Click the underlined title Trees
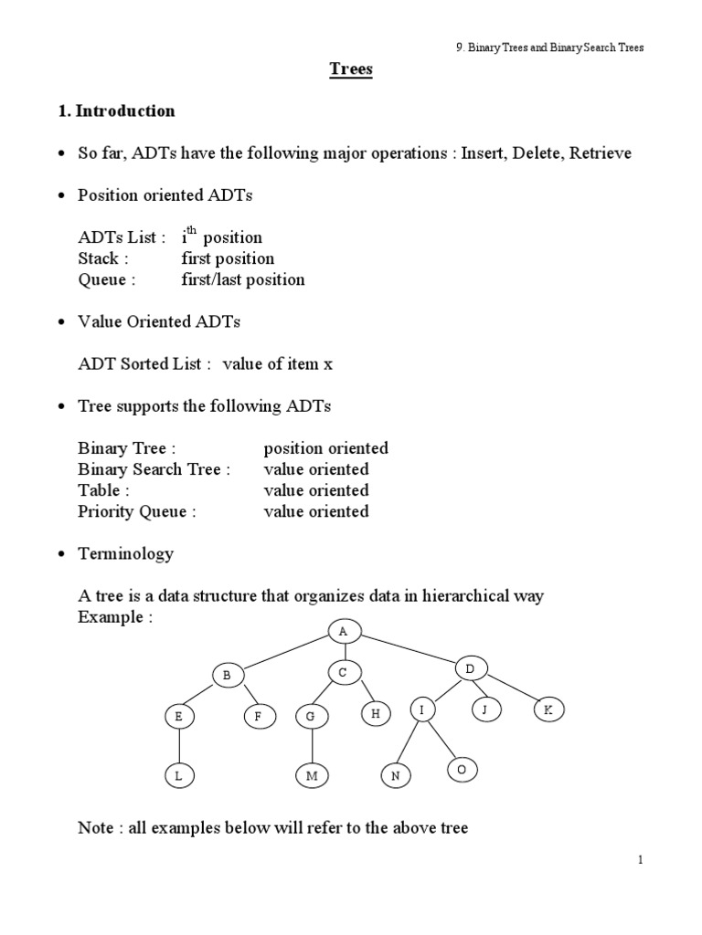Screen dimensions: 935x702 pyautogui.click(x=351, y=70)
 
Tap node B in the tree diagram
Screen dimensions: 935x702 pyautogui.click(x=226, y=676)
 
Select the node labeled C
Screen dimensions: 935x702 pyautogui.click(x=343, y=673)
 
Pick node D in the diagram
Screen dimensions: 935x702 pyautogui.click(x=469, y=670)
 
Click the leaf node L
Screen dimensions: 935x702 pyautogui.click(x=180, y=776)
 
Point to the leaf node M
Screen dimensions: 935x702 pyautogui.click(x=311, y=776)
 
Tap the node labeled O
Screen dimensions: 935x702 pyautogui.click(x=462, y=771)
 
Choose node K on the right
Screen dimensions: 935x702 pyautogui.click(x=548, y=709)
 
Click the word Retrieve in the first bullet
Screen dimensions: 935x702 pyautogui.click(x=600, y=153)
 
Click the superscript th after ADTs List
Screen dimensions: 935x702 pyautogui.click(x=192, y=232)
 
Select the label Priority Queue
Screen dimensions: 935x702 pyautogui.click(x=137, y=511)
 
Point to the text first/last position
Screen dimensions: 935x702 pyautogui.click(x=243, y=279)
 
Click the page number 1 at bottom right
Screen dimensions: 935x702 pyautogui.click(x=643, y=859)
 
